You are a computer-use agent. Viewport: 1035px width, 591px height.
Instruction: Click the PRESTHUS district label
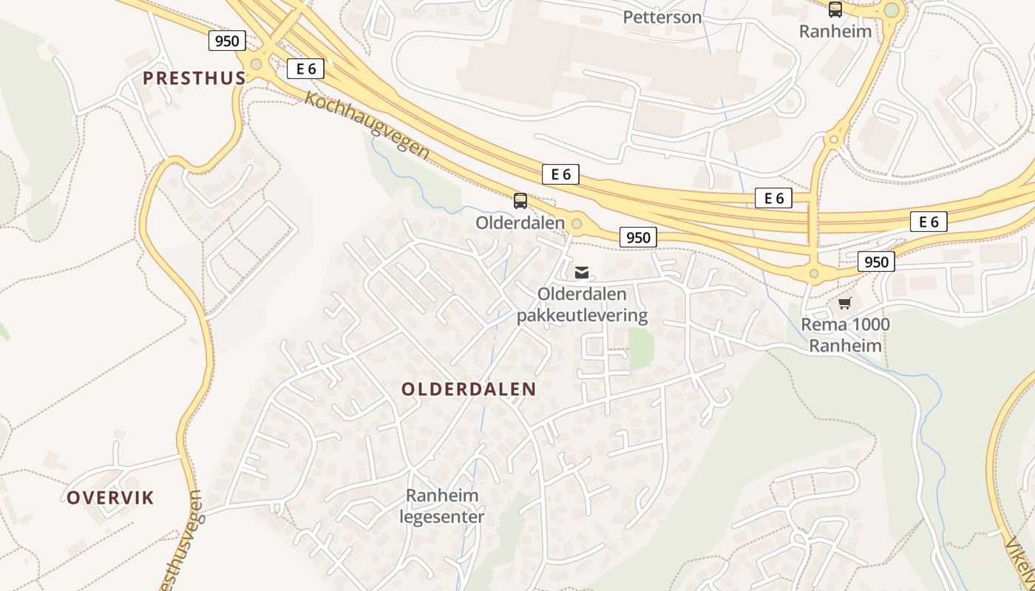coord(194,78)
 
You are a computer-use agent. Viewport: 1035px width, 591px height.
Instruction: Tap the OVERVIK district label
coord(111,498)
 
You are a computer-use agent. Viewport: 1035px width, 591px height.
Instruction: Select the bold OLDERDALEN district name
coord(469,389)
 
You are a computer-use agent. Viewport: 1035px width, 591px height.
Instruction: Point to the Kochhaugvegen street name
coord(367,125)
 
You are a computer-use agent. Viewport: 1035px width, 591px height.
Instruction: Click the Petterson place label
coord(662,17)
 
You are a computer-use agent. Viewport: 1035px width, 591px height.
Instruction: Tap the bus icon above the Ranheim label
coord(835,10)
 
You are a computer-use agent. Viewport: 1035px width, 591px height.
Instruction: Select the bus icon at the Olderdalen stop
coord(520,200)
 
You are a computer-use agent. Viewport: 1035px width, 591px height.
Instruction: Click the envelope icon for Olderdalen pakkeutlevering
coord(582,273)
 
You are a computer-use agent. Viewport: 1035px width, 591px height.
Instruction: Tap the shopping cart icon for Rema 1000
coord(845,303)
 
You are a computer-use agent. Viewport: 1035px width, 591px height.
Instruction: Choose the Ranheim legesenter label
coord(442,505)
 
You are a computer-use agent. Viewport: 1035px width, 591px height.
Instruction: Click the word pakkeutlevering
coord(582,316)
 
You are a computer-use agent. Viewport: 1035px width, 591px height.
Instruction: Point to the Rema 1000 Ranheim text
coord(846,335)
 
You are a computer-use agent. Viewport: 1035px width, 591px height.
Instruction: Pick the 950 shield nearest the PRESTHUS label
coord(226,41)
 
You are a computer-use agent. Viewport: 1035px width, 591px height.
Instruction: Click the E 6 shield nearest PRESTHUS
coord(305,69)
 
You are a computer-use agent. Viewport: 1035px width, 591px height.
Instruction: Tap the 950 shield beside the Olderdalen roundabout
coord(637,237)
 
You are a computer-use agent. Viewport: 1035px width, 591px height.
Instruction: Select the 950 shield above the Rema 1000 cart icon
coord(876,262)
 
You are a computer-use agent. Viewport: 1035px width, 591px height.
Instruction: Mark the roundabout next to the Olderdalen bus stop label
coord(577,223)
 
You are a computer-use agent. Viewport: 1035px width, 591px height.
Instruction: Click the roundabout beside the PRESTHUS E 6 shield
coord(256,64)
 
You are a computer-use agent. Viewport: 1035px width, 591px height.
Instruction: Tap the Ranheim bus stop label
coord(835,32)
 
